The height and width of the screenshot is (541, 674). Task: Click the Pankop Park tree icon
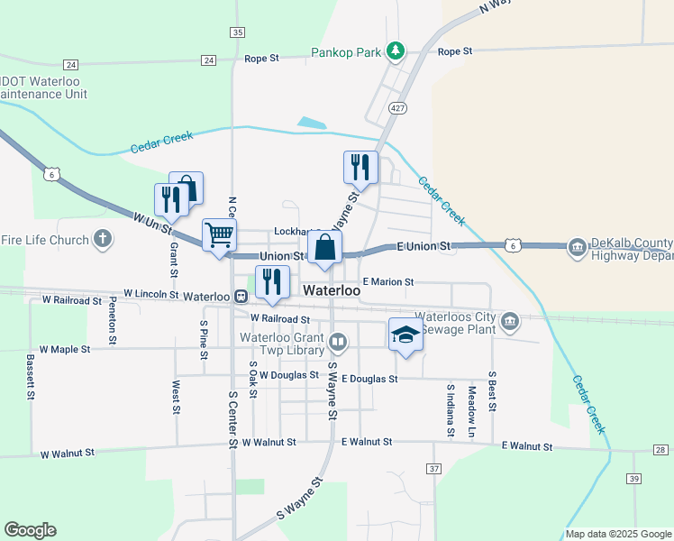[395, 50]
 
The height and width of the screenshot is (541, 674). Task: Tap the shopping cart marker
[220, 236]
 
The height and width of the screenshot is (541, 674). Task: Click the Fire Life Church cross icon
[103, 239]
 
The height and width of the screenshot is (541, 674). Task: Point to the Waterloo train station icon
[241, 296]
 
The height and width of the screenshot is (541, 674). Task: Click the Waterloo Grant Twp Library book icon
[338, 342]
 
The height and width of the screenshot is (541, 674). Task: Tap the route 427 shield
[397, 107]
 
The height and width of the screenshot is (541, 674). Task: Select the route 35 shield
[237, 32]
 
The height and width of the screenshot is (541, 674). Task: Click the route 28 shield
[660, 450]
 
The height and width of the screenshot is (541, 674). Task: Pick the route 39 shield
[634, 479]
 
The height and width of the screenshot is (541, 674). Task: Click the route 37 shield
[434, 469]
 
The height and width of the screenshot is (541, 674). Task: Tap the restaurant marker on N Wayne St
[358, 168]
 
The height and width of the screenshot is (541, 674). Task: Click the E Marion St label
[387, 282]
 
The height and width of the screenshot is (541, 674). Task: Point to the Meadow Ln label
[471, 400]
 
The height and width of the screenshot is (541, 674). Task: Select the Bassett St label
[31, 377]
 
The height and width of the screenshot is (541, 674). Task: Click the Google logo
[30, 530]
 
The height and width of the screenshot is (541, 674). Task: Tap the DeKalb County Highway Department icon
[577, 247]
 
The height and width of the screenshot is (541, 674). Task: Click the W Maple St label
[64, 348]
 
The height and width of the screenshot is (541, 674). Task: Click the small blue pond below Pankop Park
[312, 123]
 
